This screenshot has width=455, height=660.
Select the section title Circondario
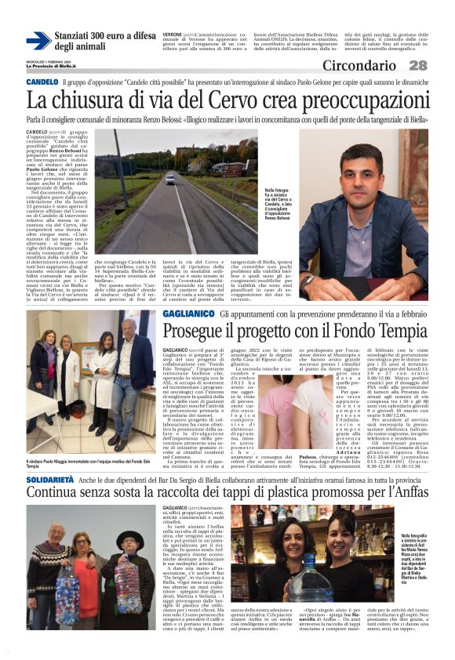click(365, 66)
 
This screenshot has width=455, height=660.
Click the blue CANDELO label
click(42, 82)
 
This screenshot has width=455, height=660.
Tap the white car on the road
click(170, 180)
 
